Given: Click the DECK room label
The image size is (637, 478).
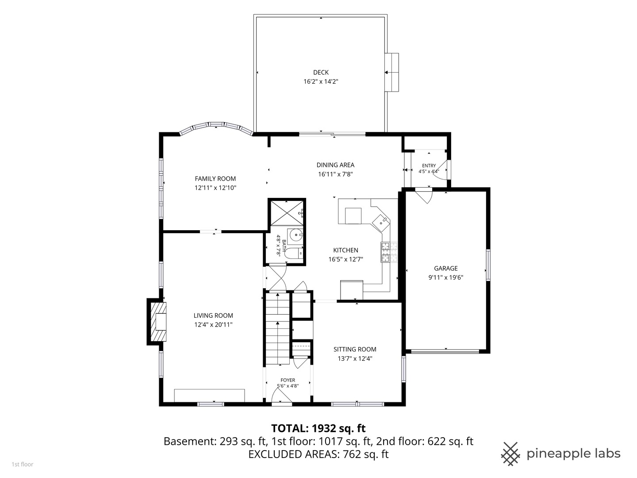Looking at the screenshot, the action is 321,72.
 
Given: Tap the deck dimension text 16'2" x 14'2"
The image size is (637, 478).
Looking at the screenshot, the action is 321,81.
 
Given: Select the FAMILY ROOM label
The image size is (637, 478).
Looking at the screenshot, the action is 215,179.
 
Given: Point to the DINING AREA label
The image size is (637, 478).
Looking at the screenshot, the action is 335,165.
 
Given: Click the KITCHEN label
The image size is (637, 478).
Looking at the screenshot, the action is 345,250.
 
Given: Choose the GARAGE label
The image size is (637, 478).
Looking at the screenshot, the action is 446,269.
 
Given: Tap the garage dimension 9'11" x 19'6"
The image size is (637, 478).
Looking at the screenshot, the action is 446,278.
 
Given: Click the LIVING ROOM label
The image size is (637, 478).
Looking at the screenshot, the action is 213,316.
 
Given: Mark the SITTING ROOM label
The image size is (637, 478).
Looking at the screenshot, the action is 355,350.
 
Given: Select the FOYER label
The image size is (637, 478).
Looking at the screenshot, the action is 288,380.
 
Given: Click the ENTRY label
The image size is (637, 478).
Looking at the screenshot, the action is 429,166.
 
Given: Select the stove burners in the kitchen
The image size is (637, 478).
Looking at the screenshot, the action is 389,252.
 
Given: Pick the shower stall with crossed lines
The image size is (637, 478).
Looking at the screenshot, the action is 287,212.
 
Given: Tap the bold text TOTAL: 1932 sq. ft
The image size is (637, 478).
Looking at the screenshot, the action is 318,428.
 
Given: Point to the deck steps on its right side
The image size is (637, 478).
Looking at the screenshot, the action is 392,73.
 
